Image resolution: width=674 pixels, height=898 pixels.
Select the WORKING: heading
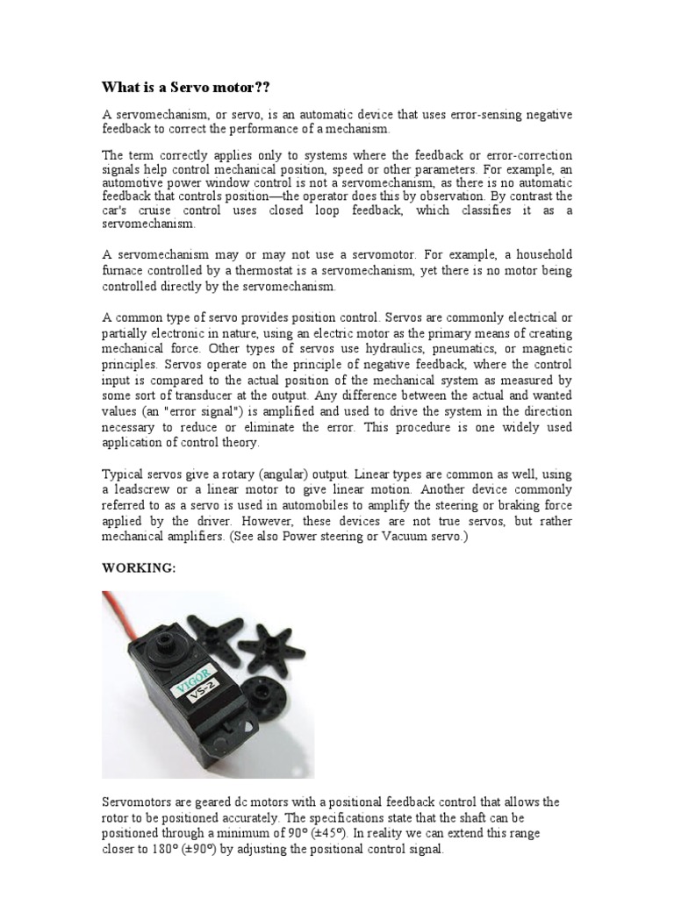[140, 567]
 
